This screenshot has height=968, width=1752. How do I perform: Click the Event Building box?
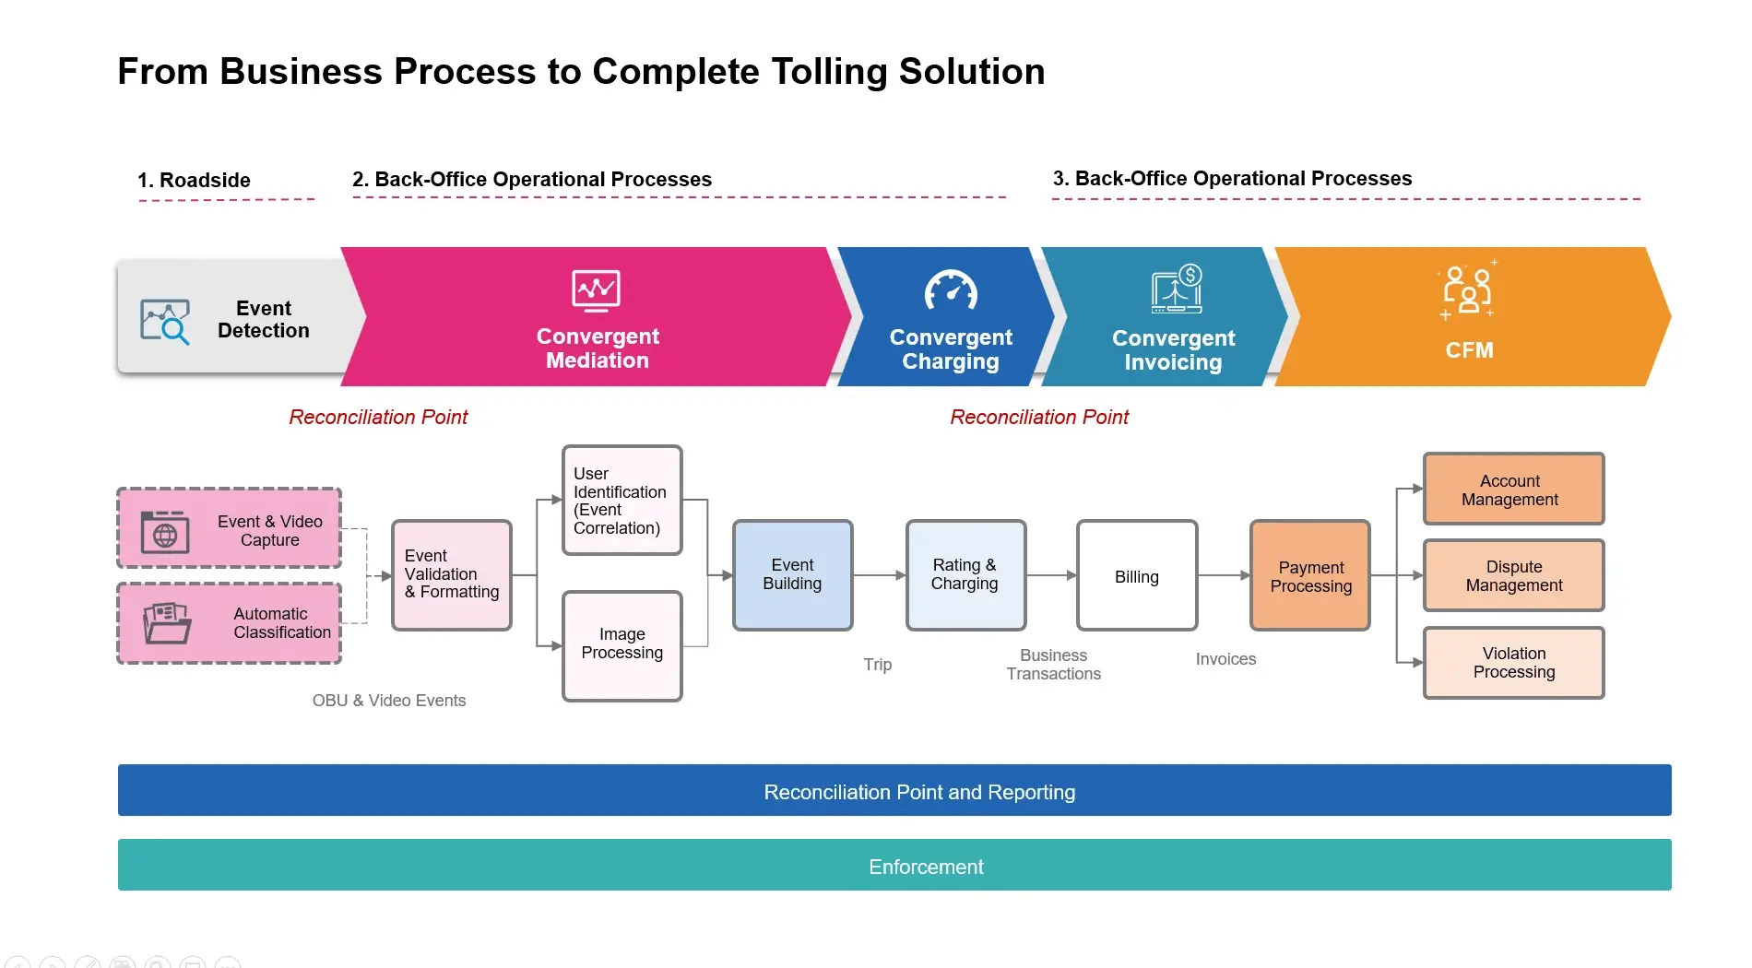click(792, 575)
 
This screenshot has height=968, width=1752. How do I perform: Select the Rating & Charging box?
click(965, 575)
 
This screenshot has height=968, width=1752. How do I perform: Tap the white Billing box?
click(1136, 576)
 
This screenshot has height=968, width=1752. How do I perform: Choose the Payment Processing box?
click(1309, 576)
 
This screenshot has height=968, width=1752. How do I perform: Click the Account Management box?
click(1512, 490)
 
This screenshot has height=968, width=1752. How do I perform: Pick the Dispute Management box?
click(1512, 576)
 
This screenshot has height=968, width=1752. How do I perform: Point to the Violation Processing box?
click(1512, 663)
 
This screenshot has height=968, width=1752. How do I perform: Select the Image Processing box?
click(621, 645)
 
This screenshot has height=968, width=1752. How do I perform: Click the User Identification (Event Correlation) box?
click(621, 501)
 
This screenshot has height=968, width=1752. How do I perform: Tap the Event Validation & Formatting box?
click(451, 574)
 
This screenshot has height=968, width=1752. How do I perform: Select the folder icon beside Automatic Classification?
click(167, 623)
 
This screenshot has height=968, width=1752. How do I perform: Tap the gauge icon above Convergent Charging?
click(950, 291)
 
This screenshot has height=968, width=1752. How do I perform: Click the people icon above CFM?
click(1467, 291)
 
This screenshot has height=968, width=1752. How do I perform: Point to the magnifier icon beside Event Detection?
click(165, 322)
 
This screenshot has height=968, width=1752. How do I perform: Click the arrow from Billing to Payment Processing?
click(1224, 575)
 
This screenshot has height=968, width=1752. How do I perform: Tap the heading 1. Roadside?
click(194, 180)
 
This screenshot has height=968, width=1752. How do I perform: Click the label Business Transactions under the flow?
click(1053, 665)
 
